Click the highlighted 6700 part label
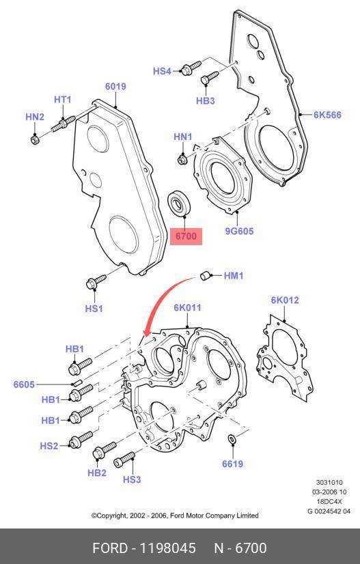(186, 236)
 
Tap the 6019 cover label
(115, 86)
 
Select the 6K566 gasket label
(327, 115)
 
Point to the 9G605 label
(239, 231)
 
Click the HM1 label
(234, 276)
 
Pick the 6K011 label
(187, 308)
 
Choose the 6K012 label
(285, 300)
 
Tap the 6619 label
(232, 464)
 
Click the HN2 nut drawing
(35, 139)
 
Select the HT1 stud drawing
(64, 123)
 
